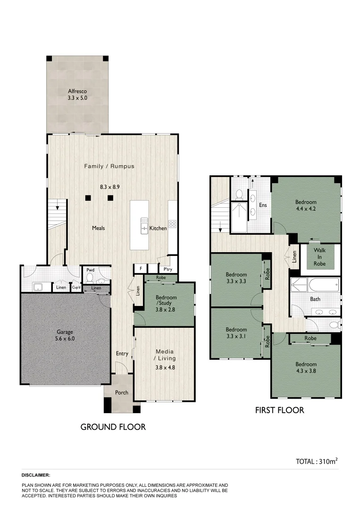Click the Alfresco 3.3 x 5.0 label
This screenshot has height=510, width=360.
tap(77, 95)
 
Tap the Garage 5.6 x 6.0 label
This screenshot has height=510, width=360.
tap(65, 335)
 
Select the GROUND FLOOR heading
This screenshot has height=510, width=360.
tap(113, 427)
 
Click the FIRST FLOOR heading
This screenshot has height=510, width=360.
tap(279, 410)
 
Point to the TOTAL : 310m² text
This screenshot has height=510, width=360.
tap(316, 461)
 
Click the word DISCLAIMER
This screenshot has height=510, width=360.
tap(36, 475)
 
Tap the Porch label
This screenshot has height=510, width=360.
tap(122, 392)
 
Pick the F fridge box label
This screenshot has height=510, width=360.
tap(140, 269)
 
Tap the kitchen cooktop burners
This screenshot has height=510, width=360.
tap(172, 224)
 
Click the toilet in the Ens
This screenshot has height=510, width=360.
tap(239, 194)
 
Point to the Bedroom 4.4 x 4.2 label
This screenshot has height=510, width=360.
tap(306, 205)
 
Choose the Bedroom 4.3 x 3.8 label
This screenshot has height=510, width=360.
tap(306, 367)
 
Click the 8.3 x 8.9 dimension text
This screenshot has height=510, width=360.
tap(109, 187)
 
